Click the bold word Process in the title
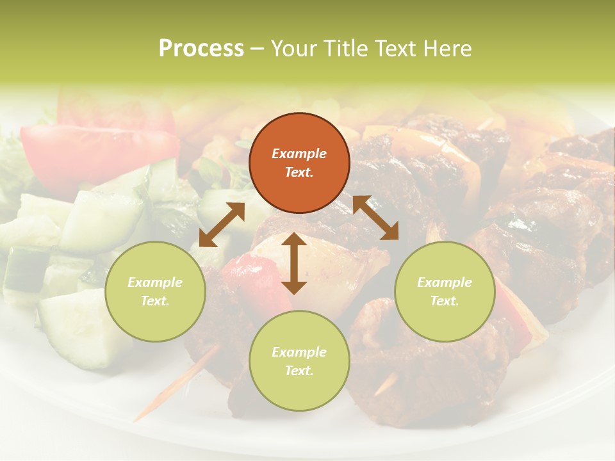[201, 49]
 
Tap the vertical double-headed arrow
[294, 263]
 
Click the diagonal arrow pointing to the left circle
[222, 225]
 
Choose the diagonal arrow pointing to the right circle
[376, 218]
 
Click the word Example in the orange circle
[299, 154]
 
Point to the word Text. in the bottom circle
[299, 371]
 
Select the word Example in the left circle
[155, 282]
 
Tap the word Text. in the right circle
[445, 301]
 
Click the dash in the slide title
[258, 49]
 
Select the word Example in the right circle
[445, 282]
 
